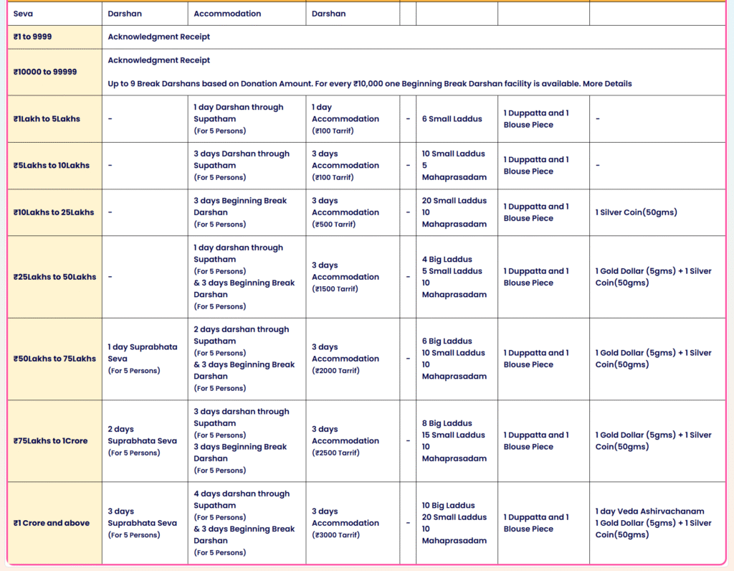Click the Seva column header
coord(23,14)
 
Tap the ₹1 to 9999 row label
coord(33,37)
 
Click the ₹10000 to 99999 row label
coord(45,72)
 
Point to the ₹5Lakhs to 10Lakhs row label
coord(52,166)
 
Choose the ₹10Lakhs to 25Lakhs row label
coord(54,212)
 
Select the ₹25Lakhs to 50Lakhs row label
coord(54,277)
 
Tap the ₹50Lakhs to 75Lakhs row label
coord(54,359)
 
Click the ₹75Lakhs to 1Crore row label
coord(50,441)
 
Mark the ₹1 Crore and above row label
coord(52,523)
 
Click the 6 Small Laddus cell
coord(452,119)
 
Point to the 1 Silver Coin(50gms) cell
coord(636,212)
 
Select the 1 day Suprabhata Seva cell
coord(143,353)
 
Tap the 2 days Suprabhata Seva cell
coord(142,435)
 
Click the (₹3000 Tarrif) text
coord(335,535)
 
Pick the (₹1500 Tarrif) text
coord(335,289)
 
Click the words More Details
coord(607,84)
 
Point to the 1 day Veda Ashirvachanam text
coord(639,511)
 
